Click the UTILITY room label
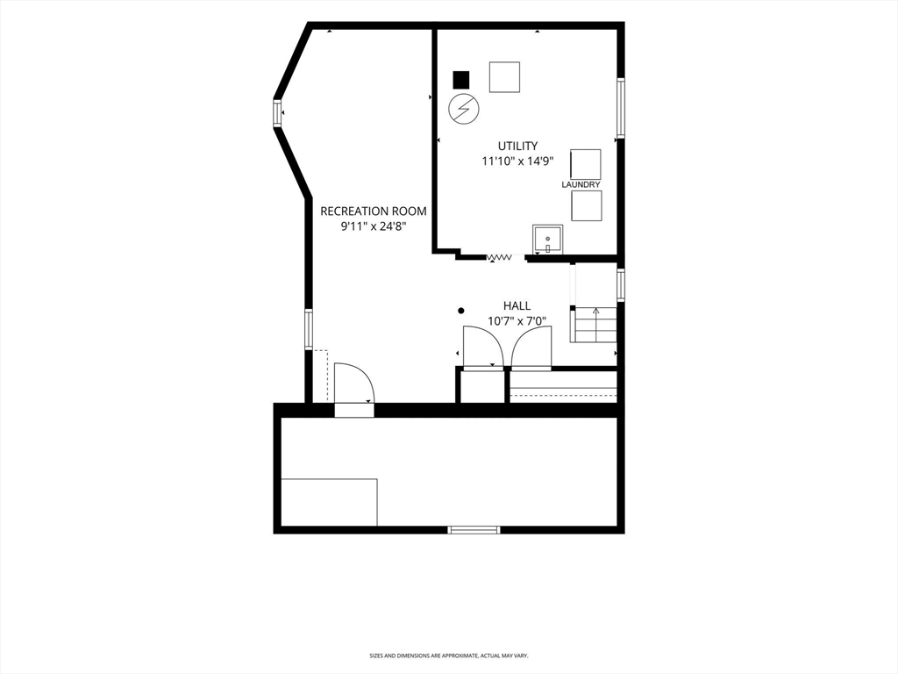click(517, 146)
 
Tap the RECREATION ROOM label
click(374, 211)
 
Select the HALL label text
click(517, 305)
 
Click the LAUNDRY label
click(581, 184)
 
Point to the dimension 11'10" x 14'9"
click(517, 161)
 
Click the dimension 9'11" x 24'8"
click(374, 226)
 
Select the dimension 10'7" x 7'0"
click(517, 321)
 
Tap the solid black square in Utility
click(461, 80)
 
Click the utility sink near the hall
click(547, 240)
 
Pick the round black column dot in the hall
click(461, 311)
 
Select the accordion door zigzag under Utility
click(499, 257)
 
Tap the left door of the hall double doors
click(483, 346)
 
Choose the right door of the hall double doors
click(531, 346)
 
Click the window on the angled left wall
click(277, 112)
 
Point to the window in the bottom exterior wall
click(474, 529)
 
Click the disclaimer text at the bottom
click(448, 655)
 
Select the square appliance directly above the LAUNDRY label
click(586, 164)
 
